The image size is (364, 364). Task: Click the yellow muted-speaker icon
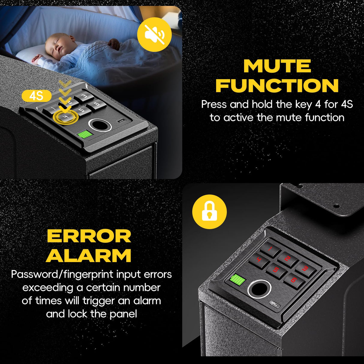154,34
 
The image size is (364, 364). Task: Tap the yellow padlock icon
209,212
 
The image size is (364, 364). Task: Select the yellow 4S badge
37,96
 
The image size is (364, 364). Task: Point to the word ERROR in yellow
89,236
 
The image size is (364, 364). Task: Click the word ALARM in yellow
89,256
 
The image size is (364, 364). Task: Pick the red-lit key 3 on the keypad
305,268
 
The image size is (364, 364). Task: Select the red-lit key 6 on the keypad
294,280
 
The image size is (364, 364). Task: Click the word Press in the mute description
213,104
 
